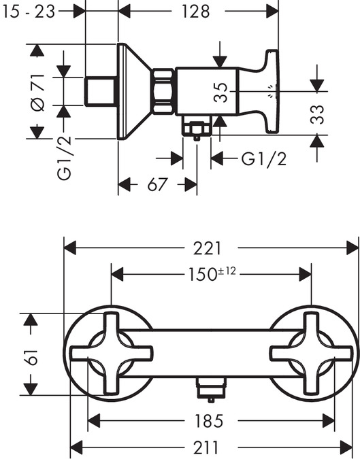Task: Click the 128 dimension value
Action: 196,12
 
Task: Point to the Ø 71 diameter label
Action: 37,92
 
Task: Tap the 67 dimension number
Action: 157,185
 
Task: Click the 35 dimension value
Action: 220,92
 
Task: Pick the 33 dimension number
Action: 317,114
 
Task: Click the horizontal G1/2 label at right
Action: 263,159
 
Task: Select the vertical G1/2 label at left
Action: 65,158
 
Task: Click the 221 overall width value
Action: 207,248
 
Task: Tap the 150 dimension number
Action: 202,275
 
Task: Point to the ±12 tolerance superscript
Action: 227,271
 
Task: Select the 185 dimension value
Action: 209,421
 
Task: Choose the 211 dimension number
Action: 206,447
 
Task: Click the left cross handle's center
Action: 112,354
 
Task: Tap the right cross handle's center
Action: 312,354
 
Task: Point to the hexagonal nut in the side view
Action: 163,91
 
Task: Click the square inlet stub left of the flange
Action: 99,91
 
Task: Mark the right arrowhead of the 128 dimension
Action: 272,12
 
